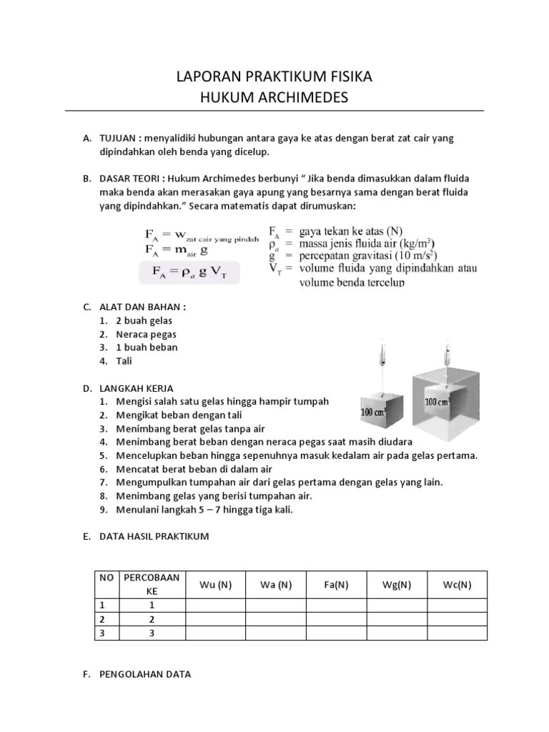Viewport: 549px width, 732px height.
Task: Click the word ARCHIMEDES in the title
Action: [x=302, y=97]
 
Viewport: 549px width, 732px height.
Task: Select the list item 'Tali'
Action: [x=125, y=360]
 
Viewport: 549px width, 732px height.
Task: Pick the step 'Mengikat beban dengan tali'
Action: [x=179, y=415]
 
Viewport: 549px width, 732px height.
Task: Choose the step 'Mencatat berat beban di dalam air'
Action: [x=194, y=469]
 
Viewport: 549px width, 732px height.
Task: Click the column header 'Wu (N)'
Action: [x=215, y=585]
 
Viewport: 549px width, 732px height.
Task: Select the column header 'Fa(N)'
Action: [x=336, y=585]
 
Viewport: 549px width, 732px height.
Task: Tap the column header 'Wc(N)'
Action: [x=457, y=585]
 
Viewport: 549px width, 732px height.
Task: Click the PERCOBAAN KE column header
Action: [x=152, y=585]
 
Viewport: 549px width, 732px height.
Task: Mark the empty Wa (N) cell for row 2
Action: [x=276, y=619]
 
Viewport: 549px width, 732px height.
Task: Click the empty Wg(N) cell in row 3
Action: [x=397, y=633]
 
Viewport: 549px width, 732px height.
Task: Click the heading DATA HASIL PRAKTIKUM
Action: [x=154, y=536]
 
